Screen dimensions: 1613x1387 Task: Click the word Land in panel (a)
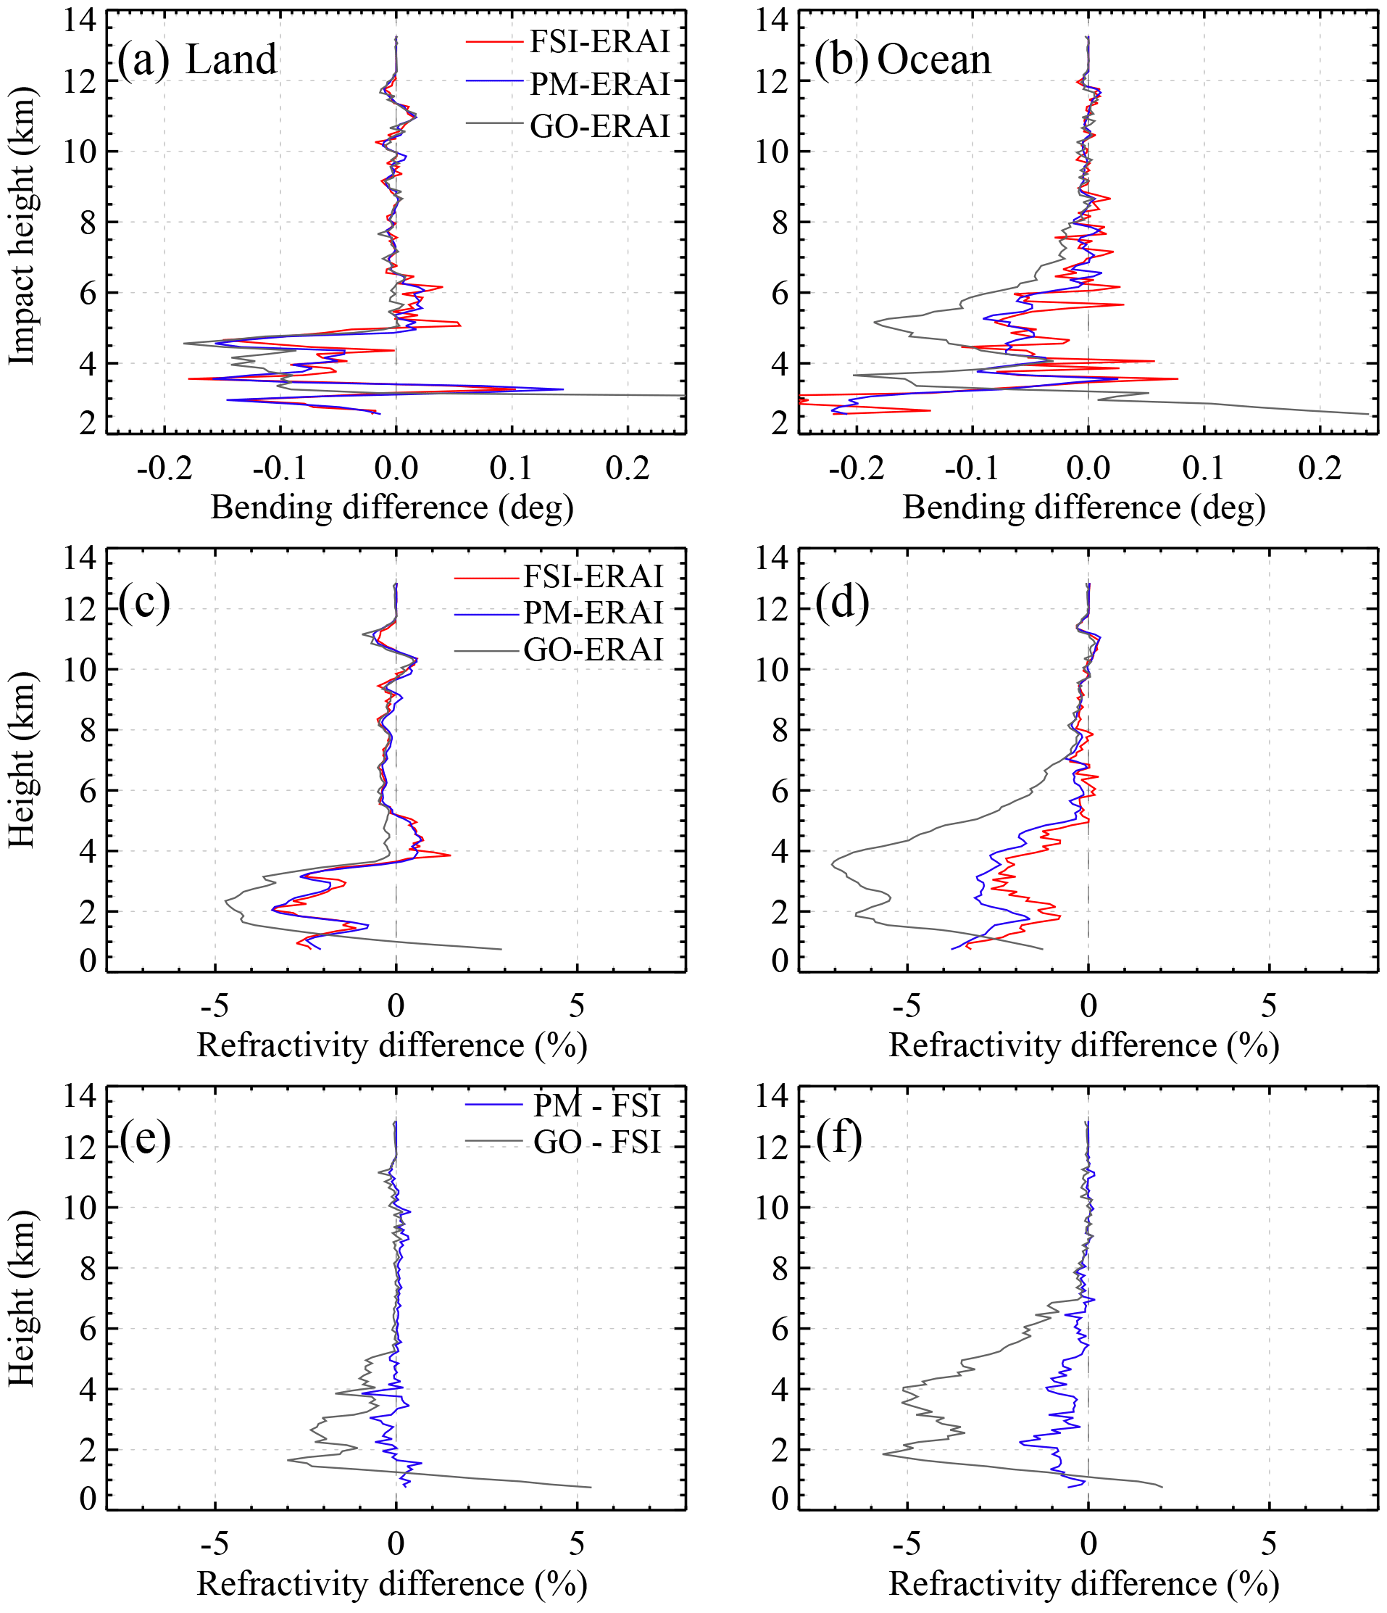pyautogui.click(x=231, y=59)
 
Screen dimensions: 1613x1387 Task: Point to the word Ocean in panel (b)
pyautogui.click(x=934, y=59)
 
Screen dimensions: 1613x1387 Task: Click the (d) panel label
pyautogui.click(x=842, y=602)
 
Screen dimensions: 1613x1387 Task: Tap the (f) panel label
pyautogui.click(x=839, y=1138)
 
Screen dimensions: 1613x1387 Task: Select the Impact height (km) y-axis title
pyautogui.click(x=22, y=225)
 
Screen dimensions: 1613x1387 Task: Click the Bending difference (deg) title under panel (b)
pyautogui.click(x=1083, y=507)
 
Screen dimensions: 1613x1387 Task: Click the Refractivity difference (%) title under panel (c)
pyautogui.click(x=391, y=1045)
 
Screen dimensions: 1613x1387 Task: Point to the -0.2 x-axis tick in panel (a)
pyautogui.click(x=164, y=468)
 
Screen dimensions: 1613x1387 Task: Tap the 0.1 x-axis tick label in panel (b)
pyautogui.click(x=1204, y=468)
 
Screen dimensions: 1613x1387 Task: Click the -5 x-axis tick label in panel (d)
pyautogui.click(x=907, y=1006)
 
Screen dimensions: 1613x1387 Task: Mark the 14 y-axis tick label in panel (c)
pyautogui.click(x=80, y=557)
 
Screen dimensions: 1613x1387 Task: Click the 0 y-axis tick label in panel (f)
pyautogui.click(x=779, y=1498)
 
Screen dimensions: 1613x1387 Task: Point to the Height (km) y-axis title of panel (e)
pyautogui.click(x=22, y=1298)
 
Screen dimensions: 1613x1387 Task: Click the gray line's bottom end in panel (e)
pyautogui.click(x=591, y=1487)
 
